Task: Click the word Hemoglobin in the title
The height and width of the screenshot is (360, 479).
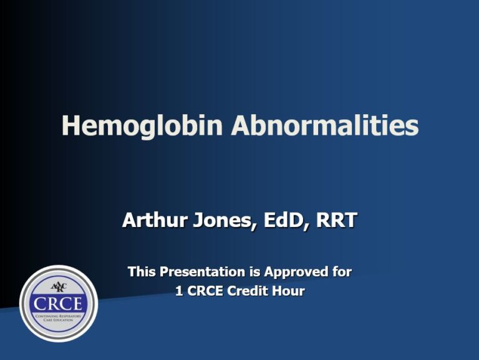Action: click(x=143, y=125)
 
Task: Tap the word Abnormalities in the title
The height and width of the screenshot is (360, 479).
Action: click(x=325, y=125)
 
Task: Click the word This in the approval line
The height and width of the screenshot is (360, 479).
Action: click(x=142, y=272)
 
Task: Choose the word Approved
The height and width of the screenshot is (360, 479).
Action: click(x=296, y=272)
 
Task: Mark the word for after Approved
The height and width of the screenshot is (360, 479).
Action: click(x=341, y=272)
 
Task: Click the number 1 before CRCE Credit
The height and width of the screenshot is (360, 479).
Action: click(x=179, y=291)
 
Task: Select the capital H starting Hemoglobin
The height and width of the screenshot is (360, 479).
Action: click(x=70, y=125)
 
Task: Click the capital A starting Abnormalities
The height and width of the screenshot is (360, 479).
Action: click(x=241, y=125)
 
